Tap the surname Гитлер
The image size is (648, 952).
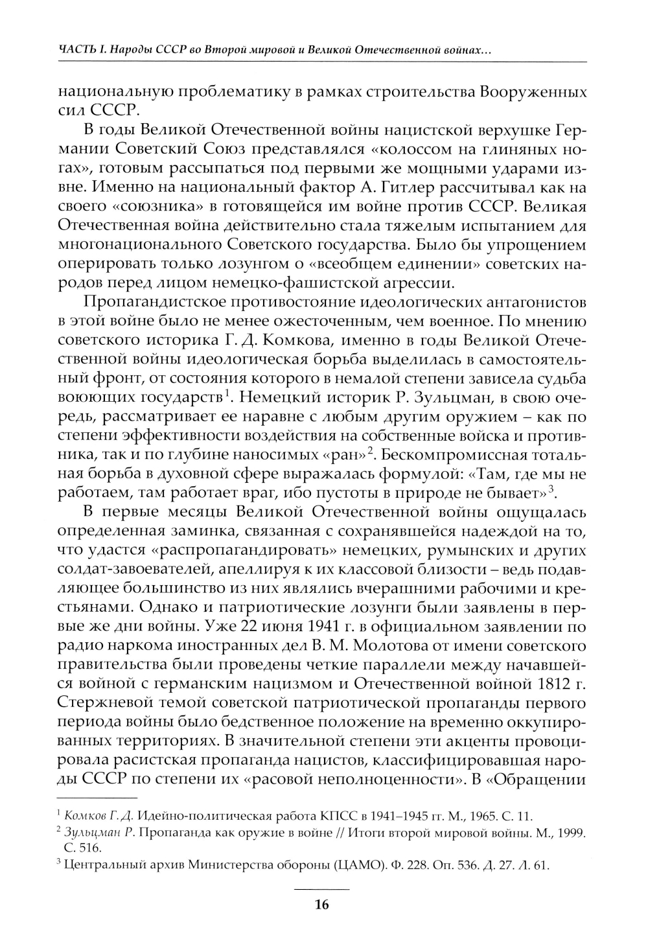point(430,188)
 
